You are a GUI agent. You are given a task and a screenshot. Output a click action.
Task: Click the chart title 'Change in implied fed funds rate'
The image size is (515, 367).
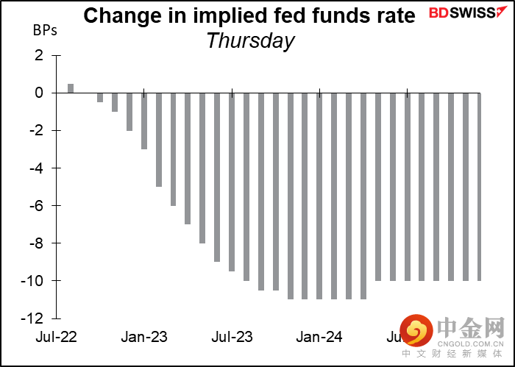pos(249,15)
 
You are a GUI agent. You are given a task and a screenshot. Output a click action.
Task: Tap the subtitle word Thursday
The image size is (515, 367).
pos(250,41)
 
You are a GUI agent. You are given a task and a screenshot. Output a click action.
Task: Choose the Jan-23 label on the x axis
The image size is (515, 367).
pos(143,338)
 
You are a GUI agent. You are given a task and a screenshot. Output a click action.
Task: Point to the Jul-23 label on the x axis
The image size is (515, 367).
pos(232,338)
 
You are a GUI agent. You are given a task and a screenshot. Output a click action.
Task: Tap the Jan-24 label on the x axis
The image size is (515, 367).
pos(320,338)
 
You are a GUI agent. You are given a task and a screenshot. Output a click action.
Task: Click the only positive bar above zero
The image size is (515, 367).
pos(71,88)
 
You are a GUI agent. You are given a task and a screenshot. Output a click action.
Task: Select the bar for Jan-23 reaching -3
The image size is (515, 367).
pos(144,121)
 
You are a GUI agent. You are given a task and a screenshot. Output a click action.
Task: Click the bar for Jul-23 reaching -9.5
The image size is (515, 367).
pos(232,182)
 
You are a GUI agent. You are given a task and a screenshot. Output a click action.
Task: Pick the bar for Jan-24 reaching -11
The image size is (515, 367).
pos(320,196)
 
